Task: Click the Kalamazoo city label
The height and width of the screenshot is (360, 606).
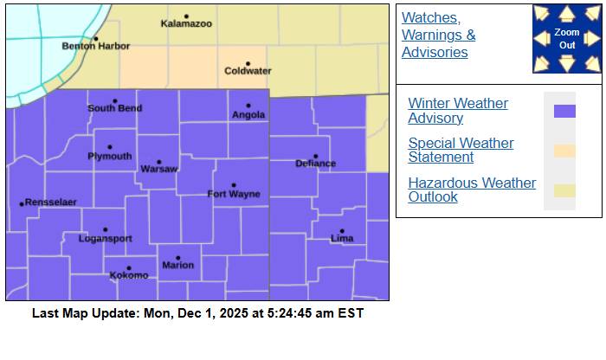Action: pyautogui.click(x=186, y=23)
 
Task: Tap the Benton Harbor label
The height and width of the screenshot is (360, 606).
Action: pyautogui.click(x=89, y=46)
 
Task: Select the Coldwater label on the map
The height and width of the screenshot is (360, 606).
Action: pyautogui.click(x=248, y=71)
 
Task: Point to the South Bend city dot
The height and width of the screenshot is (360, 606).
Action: pyautogui.click(x=114, y=100)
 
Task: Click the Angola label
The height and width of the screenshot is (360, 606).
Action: pyautogui.click(x=248, y=115)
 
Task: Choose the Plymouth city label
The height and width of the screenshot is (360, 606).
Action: pyautogui.click(x=110, y=157)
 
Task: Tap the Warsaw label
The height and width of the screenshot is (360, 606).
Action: pyautogui.click(x=159, y=168)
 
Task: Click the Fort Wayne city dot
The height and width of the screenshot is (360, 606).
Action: pyautogui.click(x=234, y=184)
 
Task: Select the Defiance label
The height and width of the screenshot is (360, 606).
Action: pyautogui.click(x=315, y=164)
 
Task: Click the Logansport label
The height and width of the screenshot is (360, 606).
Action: pyautogui.click(x=105, y=239)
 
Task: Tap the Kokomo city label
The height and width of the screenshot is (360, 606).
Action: pyautogui.click(x=129, y=276)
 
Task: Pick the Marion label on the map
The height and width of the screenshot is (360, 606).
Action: pyautogui.click(x=178, y=266)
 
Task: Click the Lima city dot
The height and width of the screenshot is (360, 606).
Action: pyautogui.click(x=342, y=230)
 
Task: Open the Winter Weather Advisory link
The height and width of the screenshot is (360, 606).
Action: pyautogui.click(x=458, y=111)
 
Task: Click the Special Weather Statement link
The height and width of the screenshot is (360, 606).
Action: pyautogui.click(x=461, y=151)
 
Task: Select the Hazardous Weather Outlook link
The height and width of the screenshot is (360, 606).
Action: pyautogui.click(x=472, y=190)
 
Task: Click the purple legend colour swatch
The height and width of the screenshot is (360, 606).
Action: pyautogui.click(x=564, y=111)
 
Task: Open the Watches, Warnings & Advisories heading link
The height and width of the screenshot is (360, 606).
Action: pyautogui.click(x=438, y=35)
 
